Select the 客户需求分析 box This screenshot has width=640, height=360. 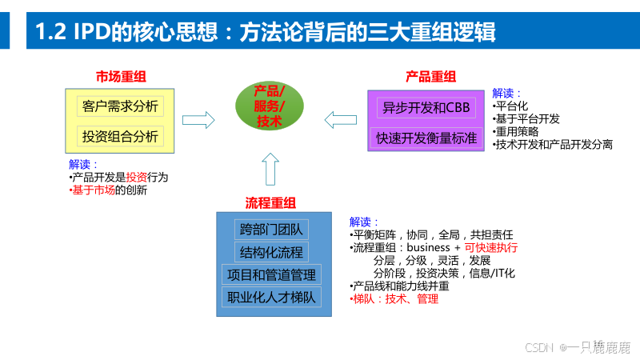click(x=120, y=106)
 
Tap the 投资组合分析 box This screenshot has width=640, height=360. click(x=120, y=136)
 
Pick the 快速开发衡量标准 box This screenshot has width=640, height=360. click(x=426, y=138)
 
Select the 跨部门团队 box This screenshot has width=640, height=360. click(x=272, y=230)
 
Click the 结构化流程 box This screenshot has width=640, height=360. click(x=272, y=252)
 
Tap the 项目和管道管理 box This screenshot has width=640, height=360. click(x=272, y=275)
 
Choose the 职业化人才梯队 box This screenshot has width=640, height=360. click(x=272, y=298)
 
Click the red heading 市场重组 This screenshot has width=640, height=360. click(x=121, y=77)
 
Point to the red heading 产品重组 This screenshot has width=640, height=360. click(x=430, y=77)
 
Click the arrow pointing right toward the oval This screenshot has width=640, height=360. click(x=198, y=120)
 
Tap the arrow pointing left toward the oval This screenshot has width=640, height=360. click(x=340, y=120)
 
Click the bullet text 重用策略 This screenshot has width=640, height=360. click(x=517, y=131)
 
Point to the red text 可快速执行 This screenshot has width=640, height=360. click(x=491, y=248)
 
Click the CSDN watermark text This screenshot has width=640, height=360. click(x=539, y=347)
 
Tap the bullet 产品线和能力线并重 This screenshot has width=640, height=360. click(x=400, y=286)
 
